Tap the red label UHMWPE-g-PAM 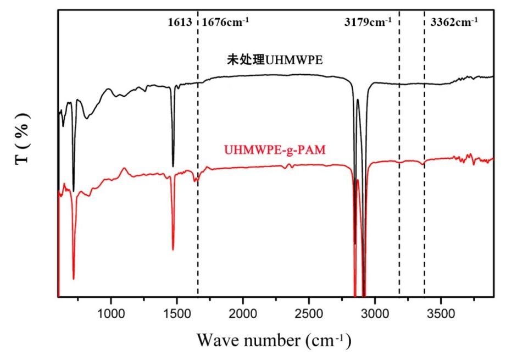(271, 149)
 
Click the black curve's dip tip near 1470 (173, 166)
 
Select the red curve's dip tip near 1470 (173, 250)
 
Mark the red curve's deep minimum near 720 (74, 279)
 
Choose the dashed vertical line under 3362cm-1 (425, 220)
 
